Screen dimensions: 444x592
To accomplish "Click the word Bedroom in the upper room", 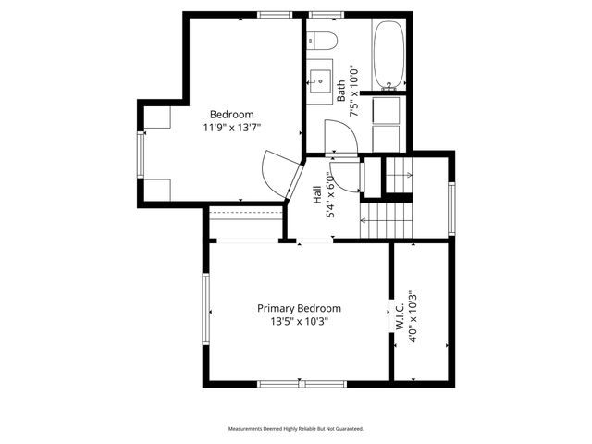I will (x=231, y=115).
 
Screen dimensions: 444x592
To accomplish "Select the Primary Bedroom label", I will (x=299, y=308).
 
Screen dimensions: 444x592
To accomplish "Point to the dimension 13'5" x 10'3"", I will (x=299, y=321).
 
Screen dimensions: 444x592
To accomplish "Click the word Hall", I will (x=317, y=195).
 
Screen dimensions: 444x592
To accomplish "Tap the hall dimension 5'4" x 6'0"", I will (x=330, y=195).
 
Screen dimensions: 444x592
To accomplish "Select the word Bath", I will (x=340, y=90).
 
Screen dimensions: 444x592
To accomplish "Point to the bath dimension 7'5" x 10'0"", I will (x=352, y=90).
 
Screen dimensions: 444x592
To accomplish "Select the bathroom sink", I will (x=321, y=78).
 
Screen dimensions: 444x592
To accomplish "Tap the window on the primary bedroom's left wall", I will (x=207, y=312).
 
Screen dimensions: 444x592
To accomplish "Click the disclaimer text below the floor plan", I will (x=296, y=429).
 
